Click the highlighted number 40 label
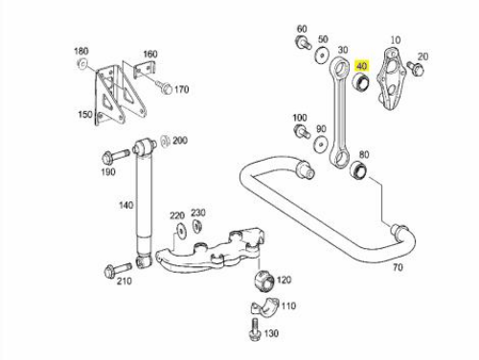click(x=361, y=66)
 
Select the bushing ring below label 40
click(x=360, y=82)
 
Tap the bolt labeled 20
click(x=415, y=68)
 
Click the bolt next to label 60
click(x=303, y=42)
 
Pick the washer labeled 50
click(x=322, y=56)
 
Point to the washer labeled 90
click(x=320, y=145)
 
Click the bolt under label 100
click(x=301, y=131)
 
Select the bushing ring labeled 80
click(x=359, y=169)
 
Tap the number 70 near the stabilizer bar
click(x=398, y=267)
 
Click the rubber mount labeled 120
click(x=264, y=281)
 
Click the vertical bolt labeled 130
click(x=255, y=330)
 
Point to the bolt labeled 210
click(x=118, y=269)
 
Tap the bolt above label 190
click(x=116, y=156)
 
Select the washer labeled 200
click(x=165, y=142)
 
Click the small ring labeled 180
click(x=82, y=64)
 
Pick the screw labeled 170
click(x=164, y=87)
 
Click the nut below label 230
click(x=196, y=226)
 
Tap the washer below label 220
click(x=182, y=231)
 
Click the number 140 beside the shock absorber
click(x=125, y=205)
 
